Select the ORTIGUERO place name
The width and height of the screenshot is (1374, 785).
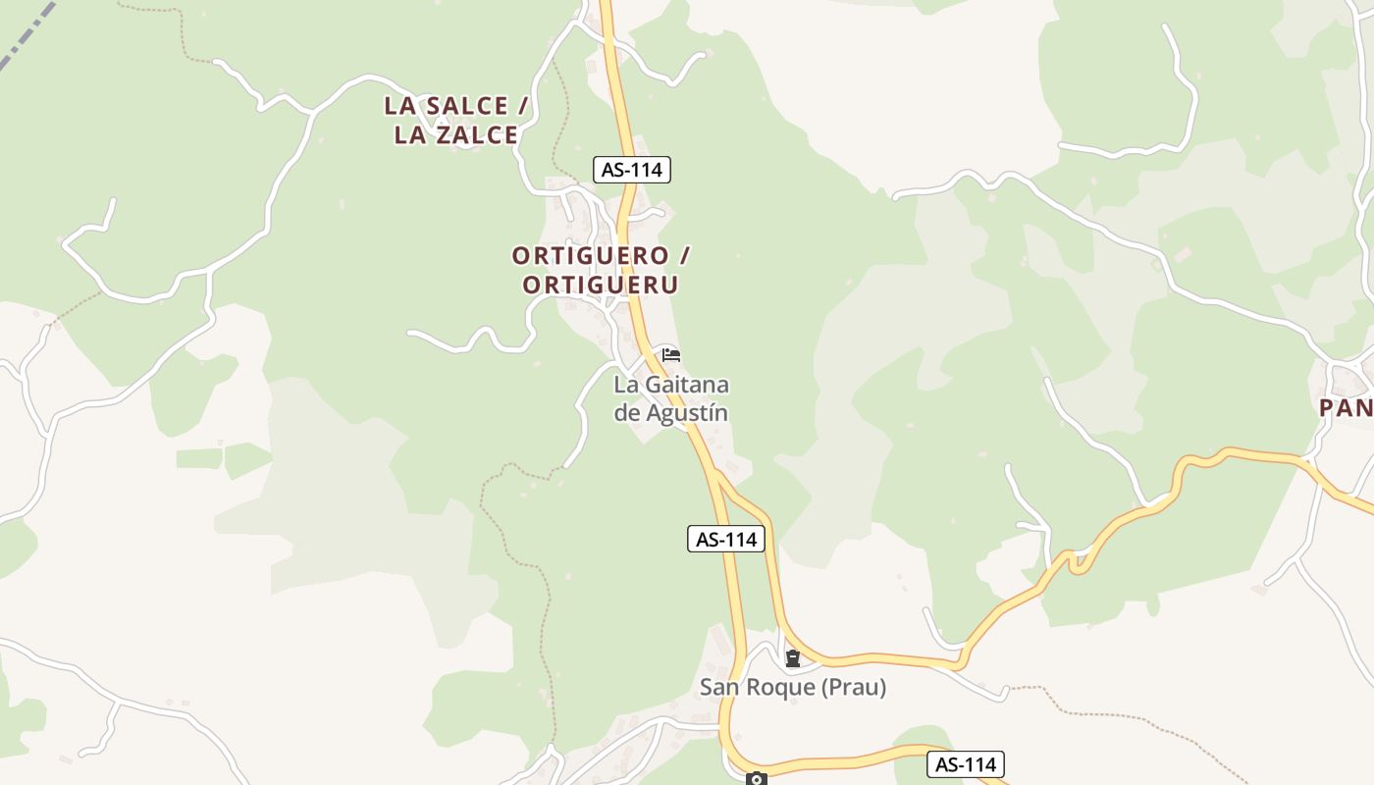(589, 256)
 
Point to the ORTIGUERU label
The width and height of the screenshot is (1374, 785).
(601, 286)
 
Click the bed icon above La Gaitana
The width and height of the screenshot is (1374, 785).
(671, 354)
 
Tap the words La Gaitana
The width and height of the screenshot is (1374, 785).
(671, 385)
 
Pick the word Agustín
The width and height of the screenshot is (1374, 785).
(686, 413)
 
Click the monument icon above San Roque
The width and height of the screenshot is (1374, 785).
(792, 658)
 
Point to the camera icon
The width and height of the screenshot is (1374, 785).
(756, 779)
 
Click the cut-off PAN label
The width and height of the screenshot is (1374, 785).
(1346, 408)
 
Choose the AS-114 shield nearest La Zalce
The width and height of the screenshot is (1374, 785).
(632, 170)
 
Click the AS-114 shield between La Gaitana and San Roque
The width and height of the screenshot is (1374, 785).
(725, 539)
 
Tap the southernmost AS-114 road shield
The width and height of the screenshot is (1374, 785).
(966, 764)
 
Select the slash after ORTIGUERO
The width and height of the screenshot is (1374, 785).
(684, 256)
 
